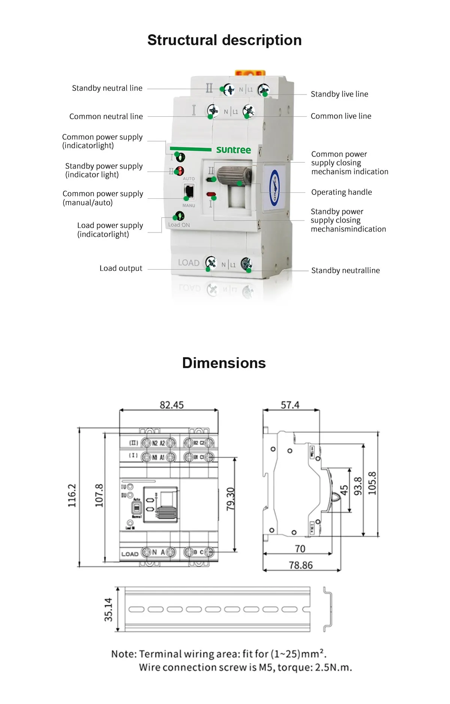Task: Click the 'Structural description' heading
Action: [x=224, y=40]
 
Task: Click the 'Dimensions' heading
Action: [x=224, y=363]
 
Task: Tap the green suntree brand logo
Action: [x=233, y=150]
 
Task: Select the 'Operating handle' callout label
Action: [x=341, y=192]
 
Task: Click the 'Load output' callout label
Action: [x=121, y=268]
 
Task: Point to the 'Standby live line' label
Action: [x=339, y=94]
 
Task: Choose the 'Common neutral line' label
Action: [x=106, y=117]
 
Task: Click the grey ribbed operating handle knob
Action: [x=234, y=175]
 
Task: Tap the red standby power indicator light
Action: [x=180, y=171]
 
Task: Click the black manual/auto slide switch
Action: [x=189, y=192]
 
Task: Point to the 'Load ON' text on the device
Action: [x=179, y=225]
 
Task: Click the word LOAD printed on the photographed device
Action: [x=189, y=263]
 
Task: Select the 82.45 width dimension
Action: [x=172, y=405]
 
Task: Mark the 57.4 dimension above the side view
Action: [x=290, y=405]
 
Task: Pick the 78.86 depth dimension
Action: [x=300, y=565]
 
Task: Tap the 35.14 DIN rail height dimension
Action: [x=108, y=609]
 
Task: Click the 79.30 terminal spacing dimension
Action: [x=231, y=499]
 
